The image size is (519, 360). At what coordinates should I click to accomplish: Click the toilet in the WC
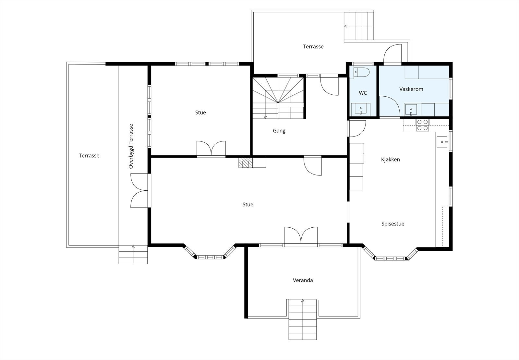(360, 72)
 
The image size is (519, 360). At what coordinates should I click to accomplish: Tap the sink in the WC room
(360, 109)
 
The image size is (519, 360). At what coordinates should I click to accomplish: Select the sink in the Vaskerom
(411, 110)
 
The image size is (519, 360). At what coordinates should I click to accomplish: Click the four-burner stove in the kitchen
(422, 125)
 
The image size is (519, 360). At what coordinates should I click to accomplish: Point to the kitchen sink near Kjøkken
(443, 142)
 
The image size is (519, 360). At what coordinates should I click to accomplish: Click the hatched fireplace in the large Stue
(244, 162)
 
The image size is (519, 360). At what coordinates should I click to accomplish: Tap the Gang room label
(279, 131)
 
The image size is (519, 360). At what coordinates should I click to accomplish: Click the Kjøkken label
(391, 159)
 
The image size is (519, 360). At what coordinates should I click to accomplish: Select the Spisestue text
(393, 224)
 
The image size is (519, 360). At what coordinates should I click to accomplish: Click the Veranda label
(303, 280)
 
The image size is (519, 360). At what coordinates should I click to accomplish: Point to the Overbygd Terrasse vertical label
(131, 146)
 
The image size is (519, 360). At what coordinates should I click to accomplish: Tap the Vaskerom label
(411, 89)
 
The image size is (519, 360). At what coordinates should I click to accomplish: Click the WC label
(363, 93)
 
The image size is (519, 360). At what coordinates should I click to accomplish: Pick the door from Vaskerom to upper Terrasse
(392, 54)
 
